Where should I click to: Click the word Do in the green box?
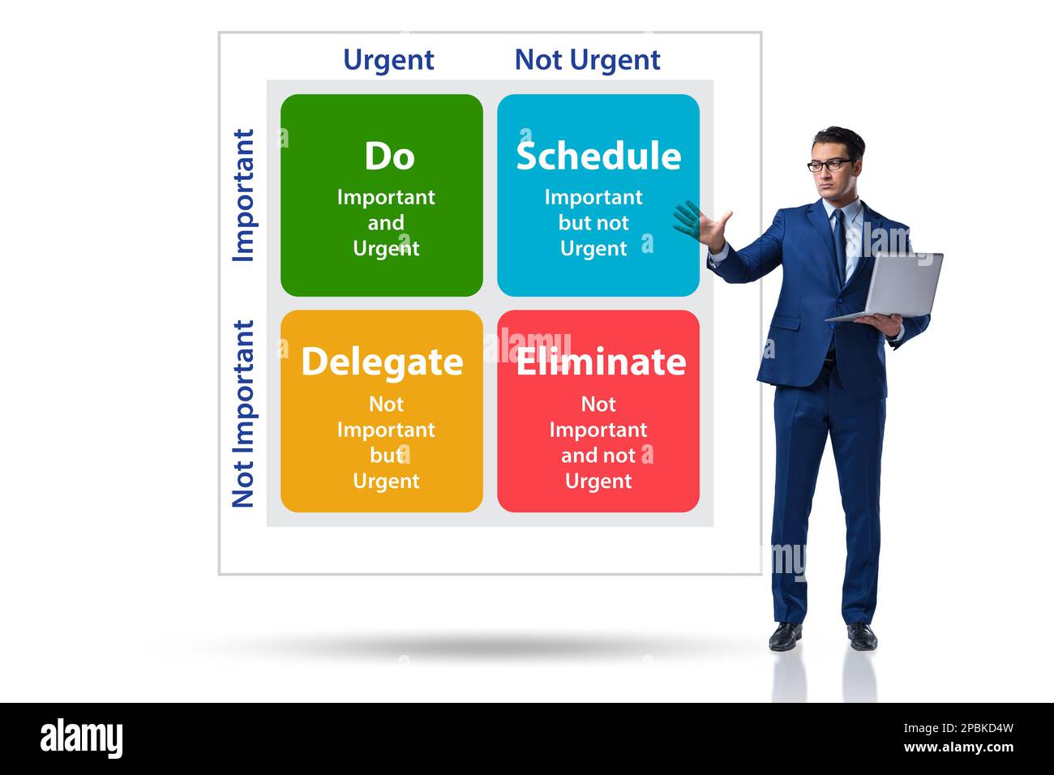tap(389, 156)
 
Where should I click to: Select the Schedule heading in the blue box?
tap(598, 156)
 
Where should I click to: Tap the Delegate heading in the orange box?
tap(382, 362)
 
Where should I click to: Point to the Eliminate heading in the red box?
tap(601, 362)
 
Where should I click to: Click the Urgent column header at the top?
tap(388, 60)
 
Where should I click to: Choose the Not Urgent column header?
tap(587, 60)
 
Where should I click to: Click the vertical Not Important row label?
tap(243, 413)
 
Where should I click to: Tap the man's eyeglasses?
tap(829, 165)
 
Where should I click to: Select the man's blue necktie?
tap(839, 239)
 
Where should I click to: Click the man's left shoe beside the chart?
tap(785, 636)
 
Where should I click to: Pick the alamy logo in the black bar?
tap(81, 739)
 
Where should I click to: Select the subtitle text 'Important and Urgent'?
tap(386, 223)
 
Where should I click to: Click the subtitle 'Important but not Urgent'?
tap(593, 223)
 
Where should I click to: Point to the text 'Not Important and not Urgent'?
tap(598, 443)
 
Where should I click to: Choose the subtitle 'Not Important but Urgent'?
tap(386, 443)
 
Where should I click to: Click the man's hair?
tap(839, 138)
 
